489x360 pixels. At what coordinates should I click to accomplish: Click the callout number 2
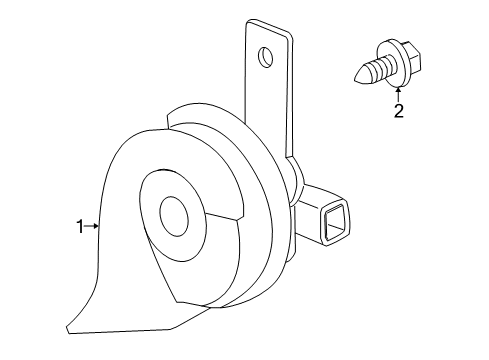pyautogui.click(x=398, y=110)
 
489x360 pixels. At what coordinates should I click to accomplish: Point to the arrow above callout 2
pyautogui.click(x=398, y=91)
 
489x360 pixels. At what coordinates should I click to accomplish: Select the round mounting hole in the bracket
pyautogui.click(x=265, y=58)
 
